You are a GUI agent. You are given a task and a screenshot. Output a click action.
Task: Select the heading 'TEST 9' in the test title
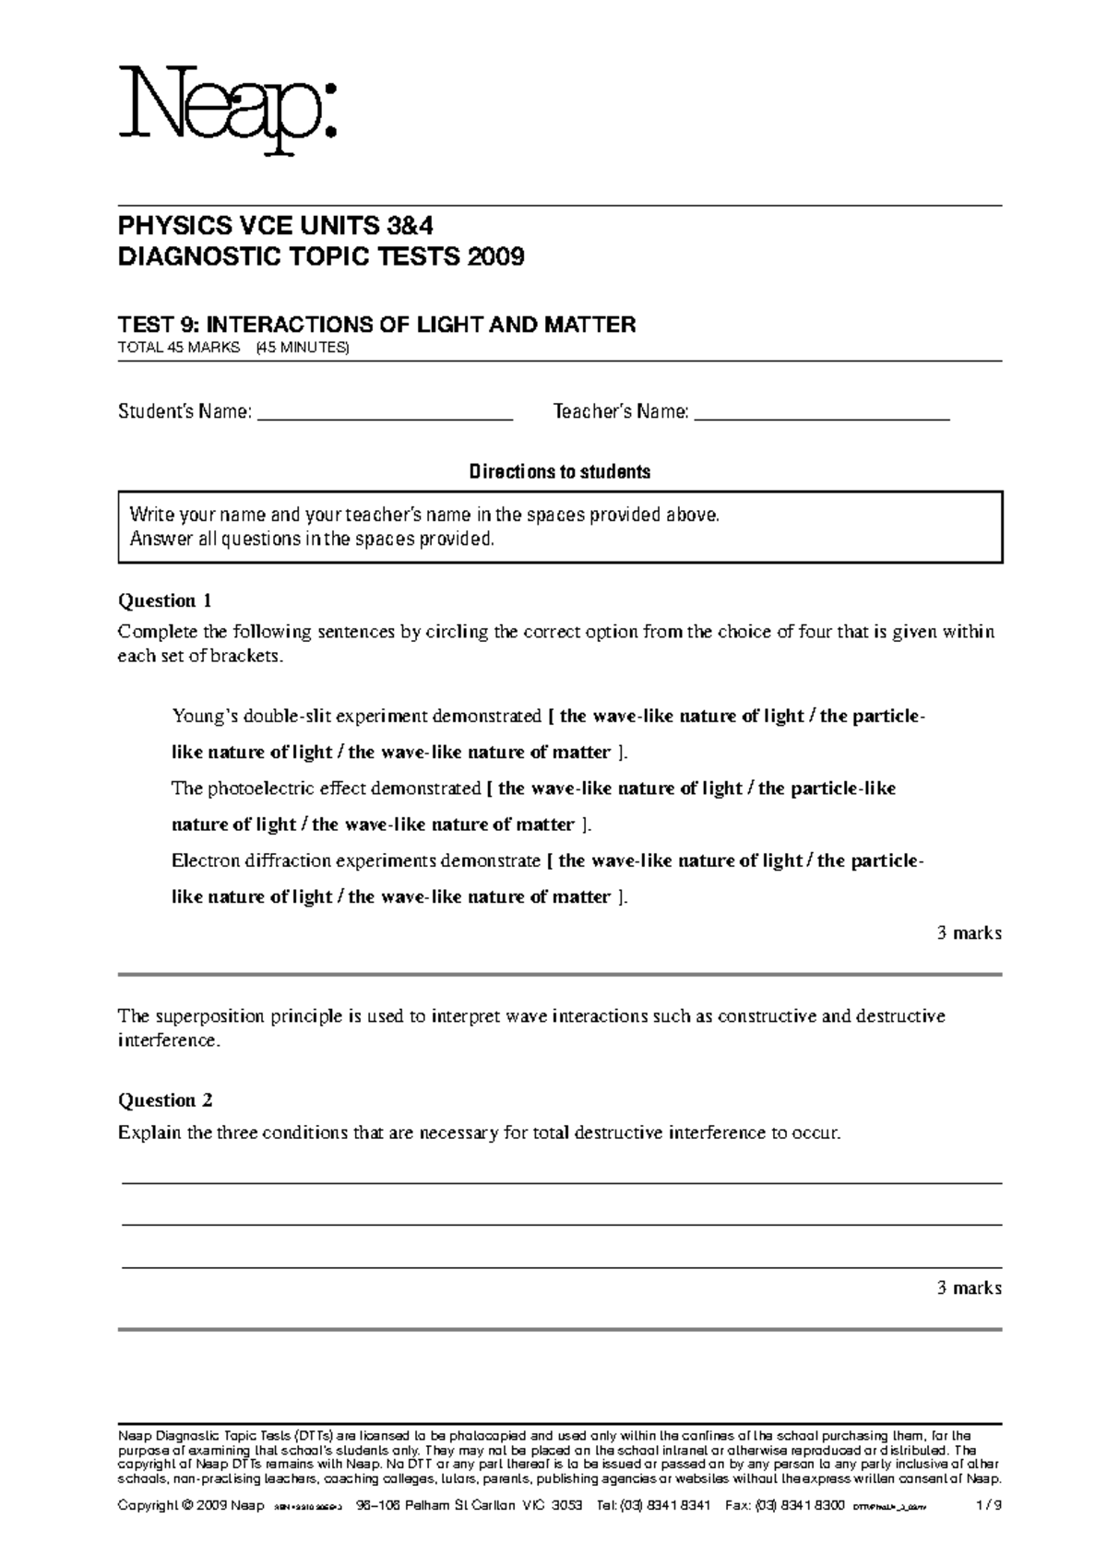pos(158,325)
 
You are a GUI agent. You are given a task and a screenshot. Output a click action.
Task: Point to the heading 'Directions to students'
pos(560,472)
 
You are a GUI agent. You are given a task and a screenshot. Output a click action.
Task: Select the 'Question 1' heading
pos(165,601)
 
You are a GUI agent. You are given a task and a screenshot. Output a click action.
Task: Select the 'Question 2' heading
pos(165,1100)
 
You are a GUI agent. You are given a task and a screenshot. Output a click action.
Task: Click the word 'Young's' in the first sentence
pos(203,717)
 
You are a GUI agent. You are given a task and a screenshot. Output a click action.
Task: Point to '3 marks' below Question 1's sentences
pos(969,933)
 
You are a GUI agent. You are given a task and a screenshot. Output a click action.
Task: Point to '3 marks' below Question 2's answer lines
pos(969,1288)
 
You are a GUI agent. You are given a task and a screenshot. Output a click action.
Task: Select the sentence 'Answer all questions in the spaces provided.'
pos(313,540)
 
